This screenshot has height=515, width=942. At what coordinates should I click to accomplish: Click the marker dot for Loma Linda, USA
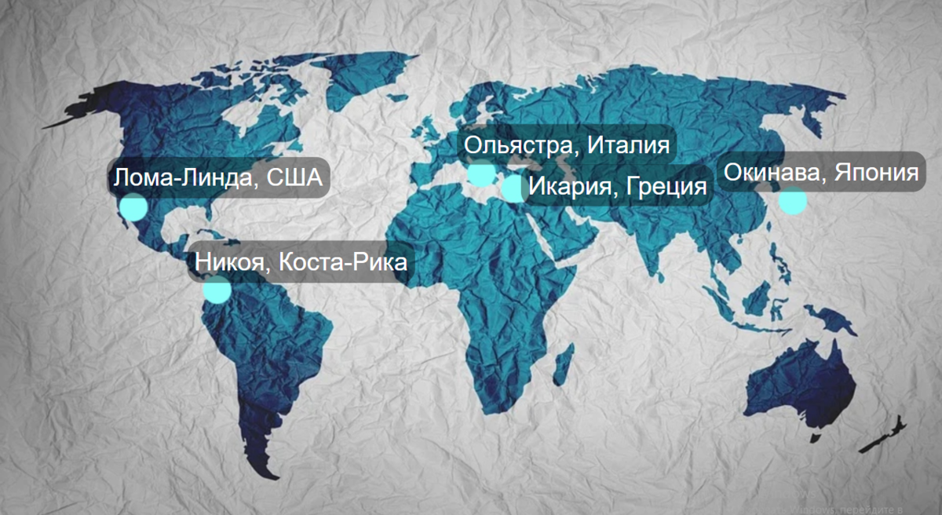point(133,206)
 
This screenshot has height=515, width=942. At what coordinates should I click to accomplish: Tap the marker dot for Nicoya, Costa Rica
point(217,290)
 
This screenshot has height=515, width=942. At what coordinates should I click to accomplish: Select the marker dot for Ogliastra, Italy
point(481,173)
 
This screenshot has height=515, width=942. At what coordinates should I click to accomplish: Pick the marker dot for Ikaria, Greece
point(513,188)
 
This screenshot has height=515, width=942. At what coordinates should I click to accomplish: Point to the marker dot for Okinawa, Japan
point(792,201)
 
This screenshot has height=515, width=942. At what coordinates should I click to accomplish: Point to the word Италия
point(628,146)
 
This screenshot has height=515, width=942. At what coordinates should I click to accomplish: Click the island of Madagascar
point(561,367)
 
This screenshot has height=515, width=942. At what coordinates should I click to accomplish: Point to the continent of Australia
point(797,385)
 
